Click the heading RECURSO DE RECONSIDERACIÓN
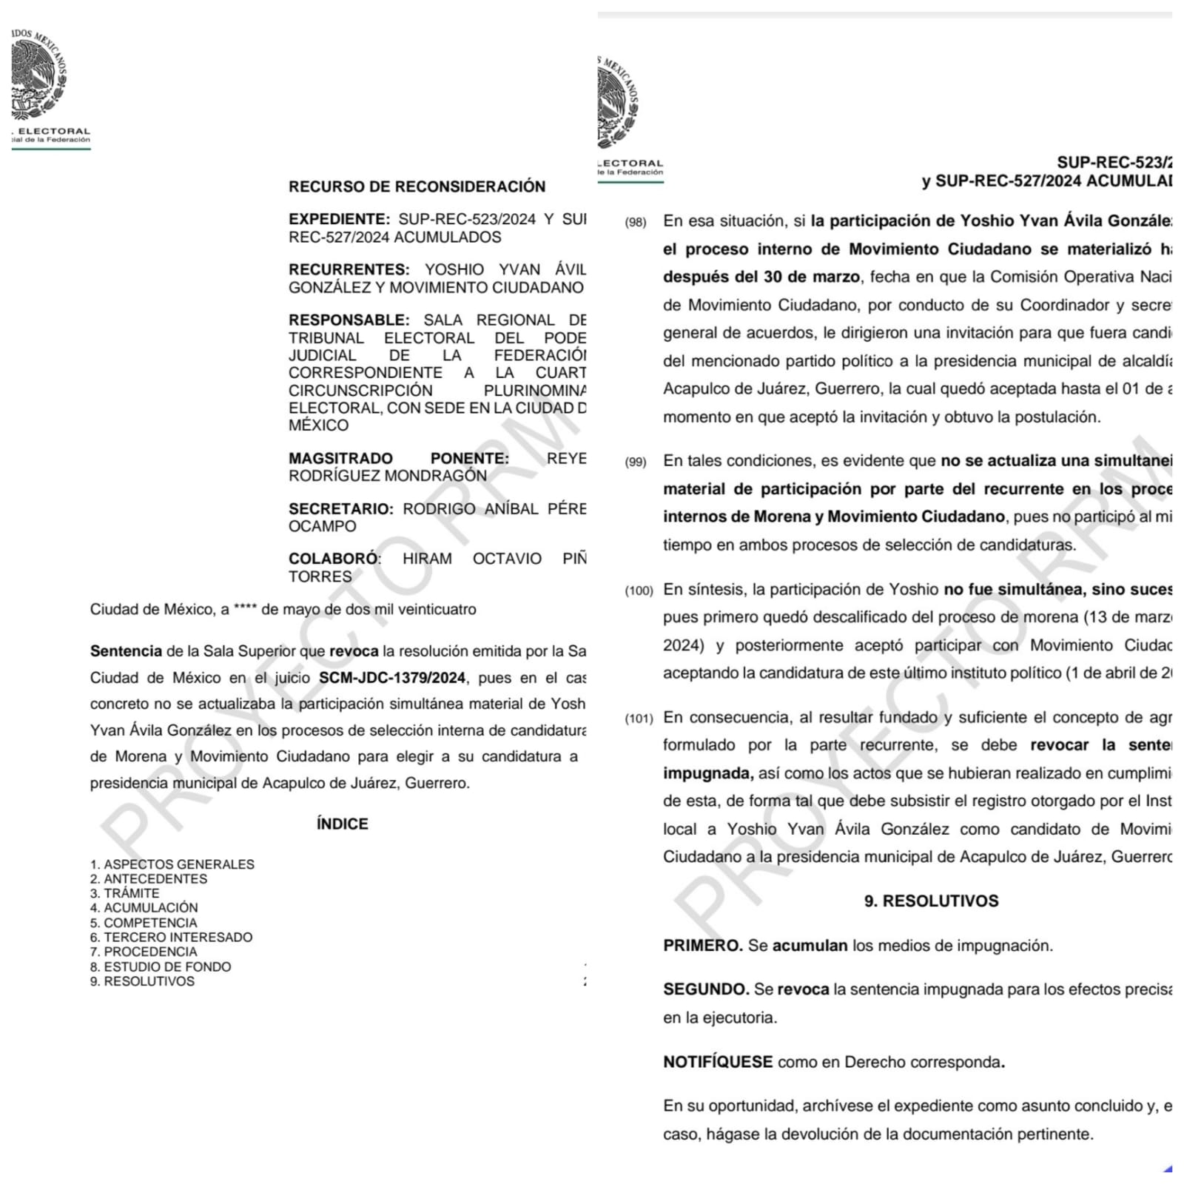(x=417, y=186)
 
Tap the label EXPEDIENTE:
(x=339, y=219)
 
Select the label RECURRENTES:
(x=349, y=269)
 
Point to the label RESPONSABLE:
(x=349, y=320)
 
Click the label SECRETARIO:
(x=340, y=508)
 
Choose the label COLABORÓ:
(x=334, y=559)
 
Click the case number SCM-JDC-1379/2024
(x=392, y=678)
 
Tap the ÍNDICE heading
(x=342, y=824)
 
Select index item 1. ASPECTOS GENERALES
(x=172, y=864)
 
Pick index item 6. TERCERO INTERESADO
(x=171, y=937)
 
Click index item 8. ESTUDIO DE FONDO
(x=161, y=966)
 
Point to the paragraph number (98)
(x=636, y=222)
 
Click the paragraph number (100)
(x=639, y=591)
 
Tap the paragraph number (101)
(x=639, y=719)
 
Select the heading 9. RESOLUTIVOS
(x=931, y=901)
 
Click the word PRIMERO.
(x=702, y=946)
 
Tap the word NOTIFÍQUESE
(x=718, y=1062)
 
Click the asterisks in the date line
(x=245, y=610)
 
